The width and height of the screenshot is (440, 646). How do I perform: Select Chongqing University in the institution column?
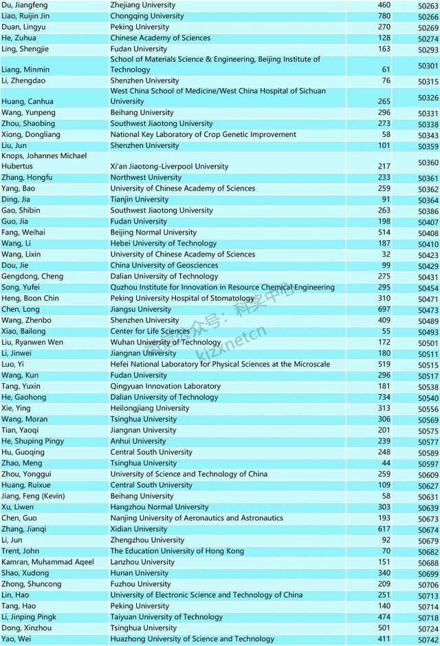pos(144,16)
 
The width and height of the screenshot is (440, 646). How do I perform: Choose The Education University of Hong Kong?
pos(177,551)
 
